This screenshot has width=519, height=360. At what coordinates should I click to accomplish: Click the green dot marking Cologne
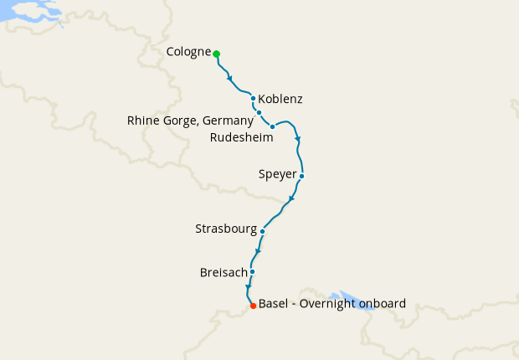pos(216,54)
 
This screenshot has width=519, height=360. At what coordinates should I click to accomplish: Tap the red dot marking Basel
pos(253,306)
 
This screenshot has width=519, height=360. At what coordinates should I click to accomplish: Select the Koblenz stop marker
pos(253,99)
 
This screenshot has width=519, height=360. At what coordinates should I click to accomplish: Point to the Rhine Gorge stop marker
pos(259,112)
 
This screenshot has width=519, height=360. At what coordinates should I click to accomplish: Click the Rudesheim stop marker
pos(273,126)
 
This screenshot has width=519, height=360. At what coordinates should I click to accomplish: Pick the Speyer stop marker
pos(301,176)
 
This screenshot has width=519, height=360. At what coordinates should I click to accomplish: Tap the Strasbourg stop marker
pos(263,231)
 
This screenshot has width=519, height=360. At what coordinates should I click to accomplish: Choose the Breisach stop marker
pos(252,271)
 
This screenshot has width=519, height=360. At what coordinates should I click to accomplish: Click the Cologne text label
pos(188,52)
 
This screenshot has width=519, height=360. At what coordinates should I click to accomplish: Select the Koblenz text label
pos(280,99)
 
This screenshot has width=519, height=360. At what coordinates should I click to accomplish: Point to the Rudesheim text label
pos(241,136)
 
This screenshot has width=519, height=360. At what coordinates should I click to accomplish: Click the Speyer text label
pos(278,175)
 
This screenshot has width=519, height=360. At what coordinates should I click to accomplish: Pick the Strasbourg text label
pos(225,229)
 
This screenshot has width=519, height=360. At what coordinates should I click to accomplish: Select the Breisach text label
pos(223,272)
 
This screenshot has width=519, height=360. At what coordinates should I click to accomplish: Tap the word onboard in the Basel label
pos(383,303)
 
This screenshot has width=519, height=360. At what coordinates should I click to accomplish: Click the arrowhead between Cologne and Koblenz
pos(229,79)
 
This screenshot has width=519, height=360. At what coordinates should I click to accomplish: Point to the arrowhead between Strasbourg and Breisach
pos(258,251)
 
